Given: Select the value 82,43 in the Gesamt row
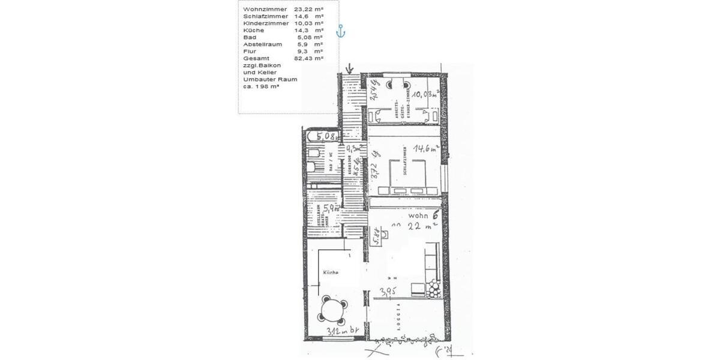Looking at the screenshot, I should [305, 58].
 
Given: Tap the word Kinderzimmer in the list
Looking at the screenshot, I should [266, 23].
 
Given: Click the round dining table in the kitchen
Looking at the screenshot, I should [332, 310].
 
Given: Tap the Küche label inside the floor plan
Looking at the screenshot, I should [331, 272].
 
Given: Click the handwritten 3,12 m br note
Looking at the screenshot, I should [341, 331].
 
